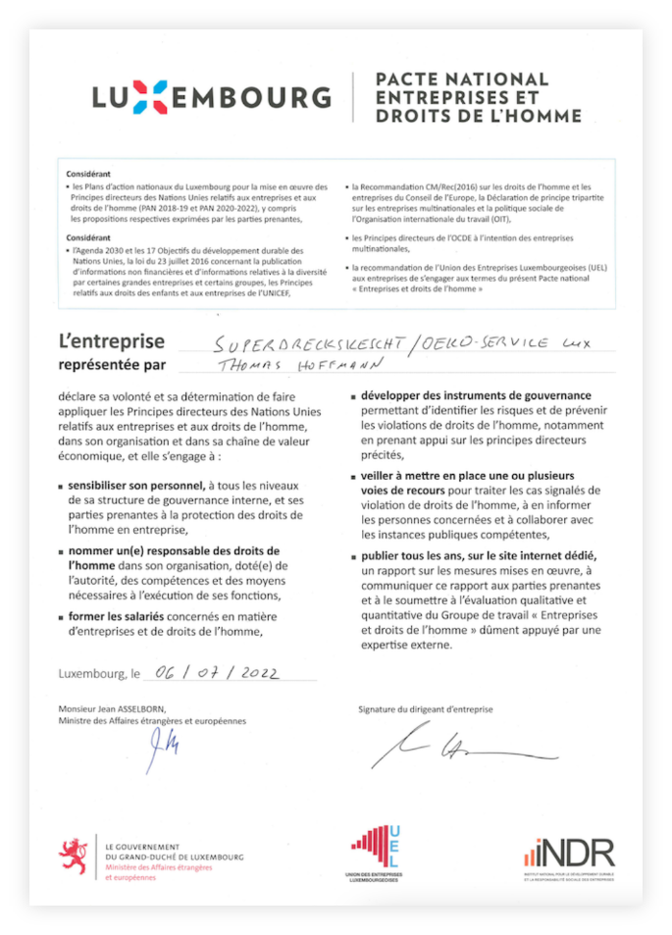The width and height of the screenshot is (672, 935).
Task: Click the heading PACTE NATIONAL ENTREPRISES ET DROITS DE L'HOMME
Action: (x=478, y=97)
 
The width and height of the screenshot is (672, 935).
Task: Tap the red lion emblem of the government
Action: (x=74, y=856)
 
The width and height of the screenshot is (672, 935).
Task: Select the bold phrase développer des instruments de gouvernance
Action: (x=476, y=395)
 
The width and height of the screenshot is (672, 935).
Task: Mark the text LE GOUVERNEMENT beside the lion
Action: (x=143, y=846)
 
